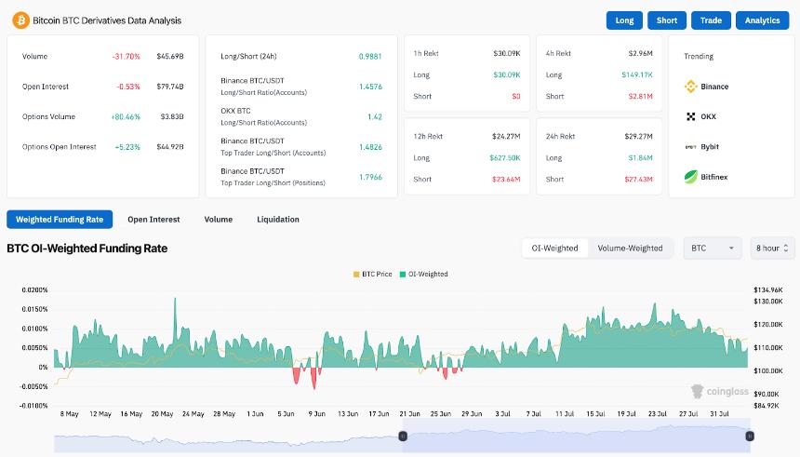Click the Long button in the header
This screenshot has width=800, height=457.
click(624, 20)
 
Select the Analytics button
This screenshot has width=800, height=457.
click(762, 20)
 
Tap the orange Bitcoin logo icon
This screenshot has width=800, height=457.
click(20, 20)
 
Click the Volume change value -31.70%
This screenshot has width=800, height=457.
click(126, 57)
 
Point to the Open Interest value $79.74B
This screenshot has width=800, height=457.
click(170, 87)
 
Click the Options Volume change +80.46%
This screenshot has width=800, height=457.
click(125, 116)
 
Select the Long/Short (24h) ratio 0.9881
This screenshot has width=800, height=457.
click(370, 56)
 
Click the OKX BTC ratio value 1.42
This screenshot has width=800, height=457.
click(374, 117)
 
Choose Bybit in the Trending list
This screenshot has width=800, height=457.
click(709, 146)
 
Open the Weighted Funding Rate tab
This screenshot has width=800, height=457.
click(60, 220)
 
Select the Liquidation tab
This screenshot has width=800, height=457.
click(278, 220)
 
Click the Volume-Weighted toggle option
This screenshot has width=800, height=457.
click(630, 249)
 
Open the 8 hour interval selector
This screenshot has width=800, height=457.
click(772, 249)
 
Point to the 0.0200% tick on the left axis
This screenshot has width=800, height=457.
click(34, 290)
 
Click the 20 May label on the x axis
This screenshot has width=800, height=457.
click(162, 413)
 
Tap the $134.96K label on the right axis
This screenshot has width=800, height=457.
click(768, 290)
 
